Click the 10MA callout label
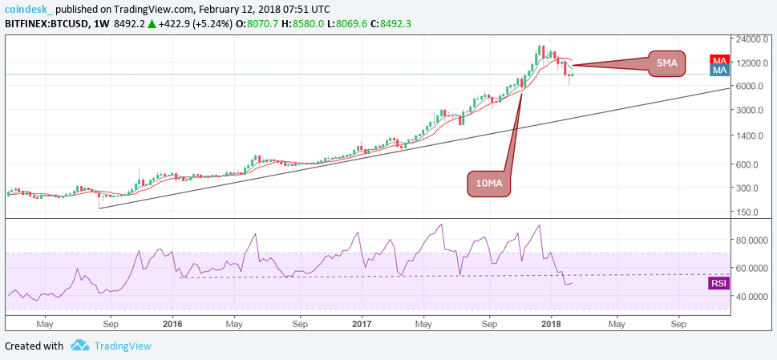(488, 184)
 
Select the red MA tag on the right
(719, 60)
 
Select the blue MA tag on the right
(719, 71)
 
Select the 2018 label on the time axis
(550, 325)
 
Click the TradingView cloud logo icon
(79, 346)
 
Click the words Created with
(34, 346)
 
